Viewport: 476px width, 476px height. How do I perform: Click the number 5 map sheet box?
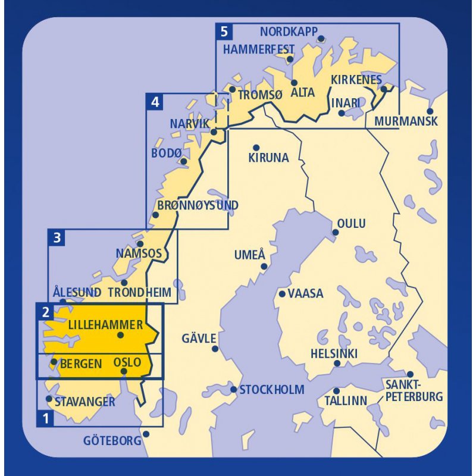point(223,31)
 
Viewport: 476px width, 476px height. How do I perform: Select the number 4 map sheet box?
point(155,102)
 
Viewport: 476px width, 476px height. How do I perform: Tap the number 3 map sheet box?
point(57,239)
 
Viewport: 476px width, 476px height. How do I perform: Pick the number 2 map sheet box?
point(45,311)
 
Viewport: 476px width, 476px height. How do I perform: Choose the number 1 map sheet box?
point(45,418)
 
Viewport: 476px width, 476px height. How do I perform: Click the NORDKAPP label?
point(289,32)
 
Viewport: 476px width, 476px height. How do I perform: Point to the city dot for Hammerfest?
point(290,59)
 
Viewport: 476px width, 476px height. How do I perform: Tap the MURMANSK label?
point(406,121)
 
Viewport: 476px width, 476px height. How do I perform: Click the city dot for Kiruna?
point(256,148)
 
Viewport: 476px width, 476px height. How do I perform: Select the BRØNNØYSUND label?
point(198,206)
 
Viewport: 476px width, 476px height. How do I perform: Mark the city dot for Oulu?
point(335,233)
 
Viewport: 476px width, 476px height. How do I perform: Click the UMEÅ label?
point(249,255)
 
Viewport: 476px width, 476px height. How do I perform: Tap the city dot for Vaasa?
point(282,293)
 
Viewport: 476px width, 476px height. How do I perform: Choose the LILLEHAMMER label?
point(105,325)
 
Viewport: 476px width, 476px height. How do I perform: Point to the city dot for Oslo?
point(124,372)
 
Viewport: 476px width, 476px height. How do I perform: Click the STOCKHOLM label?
point(271,390)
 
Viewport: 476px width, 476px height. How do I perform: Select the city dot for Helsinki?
point(337,364)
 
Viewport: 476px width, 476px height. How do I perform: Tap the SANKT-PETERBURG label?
point(414,390)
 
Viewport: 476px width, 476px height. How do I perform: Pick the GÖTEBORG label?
point(112,441)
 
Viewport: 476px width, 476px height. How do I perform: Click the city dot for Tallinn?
point(336,391)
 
